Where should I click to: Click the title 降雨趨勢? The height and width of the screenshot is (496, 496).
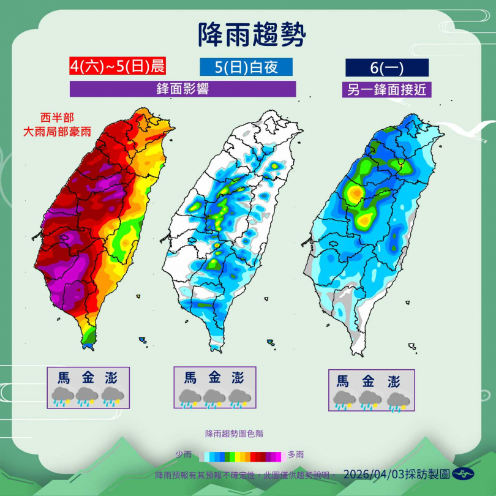[252, 35]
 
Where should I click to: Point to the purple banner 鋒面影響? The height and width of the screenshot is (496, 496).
[182, 89]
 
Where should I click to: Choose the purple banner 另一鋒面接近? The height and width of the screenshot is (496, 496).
[386, 90]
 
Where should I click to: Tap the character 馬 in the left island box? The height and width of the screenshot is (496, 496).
[64, 377]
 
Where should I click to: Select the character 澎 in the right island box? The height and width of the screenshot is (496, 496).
[394, 381]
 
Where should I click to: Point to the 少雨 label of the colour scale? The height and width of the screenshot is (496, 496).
[184, 455]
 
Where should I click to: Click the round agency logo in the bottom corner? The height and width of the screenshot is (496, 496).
[466, 473]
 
